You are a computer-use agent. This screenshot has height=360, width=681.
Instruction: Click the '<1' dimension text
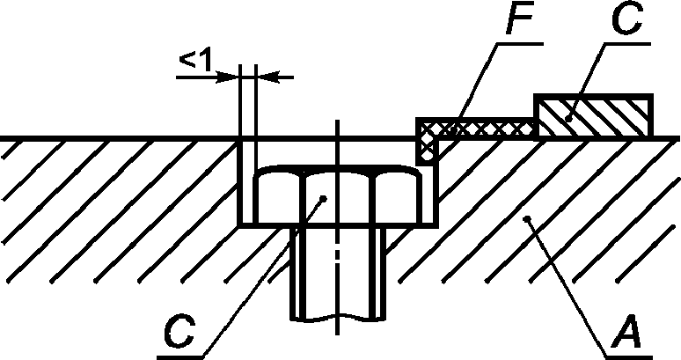click(x=196, y=61)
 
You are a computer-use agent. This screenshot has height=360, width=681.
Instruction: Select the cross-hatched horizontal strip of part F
click(x=480, y=129)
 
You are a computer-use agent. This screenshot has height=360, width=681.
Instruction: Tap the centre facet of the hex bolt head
click(x=337, y=199)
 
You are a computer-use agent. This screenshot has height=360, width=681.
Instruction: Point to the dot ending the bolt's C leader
click(x=326, y=199)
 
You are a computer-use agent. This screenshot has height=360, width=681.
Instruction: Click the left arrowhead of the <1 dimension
click(x=231, y=77)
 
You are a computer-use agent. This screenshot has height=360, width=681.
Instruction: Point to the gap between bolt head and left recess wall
click(x=247, y=198)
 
